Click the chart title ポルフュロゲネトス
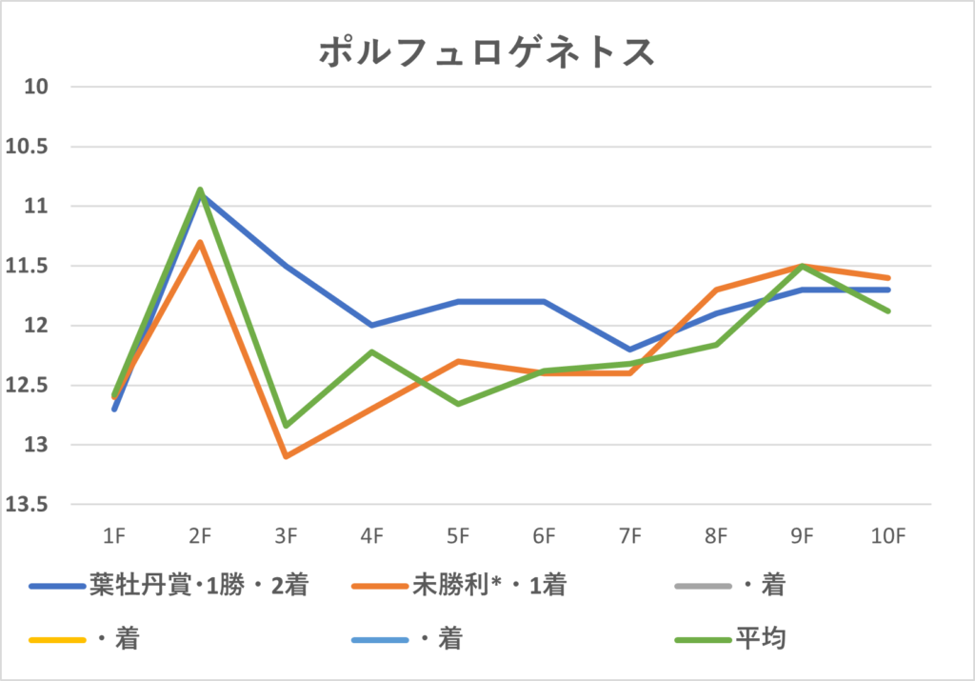pyautogui.click(x=487, y=52)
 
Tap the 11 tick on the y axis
pyautogui.click(x=36, y=207)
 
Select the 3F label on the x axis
pyautogui.click(x=286, y=536)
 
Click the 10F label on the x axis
pyautogui.click(x=887, y=536)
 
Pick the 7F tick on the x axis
pyautogui.click(x=629, y=536)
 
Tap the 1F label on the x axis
pyautogui.click(x=114, y=536)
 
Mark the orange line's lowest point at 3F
pyautogui.click(x=286, y=456)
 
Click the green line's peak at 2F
pyautogui.click(x=200, y=190)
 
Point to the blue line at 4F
pyautogui.click(x=371, y=325)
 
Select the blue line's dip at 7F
pyautogui.click(x=629, y=350)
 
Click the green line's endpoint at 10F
pyautogui.click(x=887, y=310)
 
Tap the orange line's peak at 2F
pyautogui.click(x=200, y=242)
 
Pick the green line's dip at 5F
pyautogui.click(x=458, y=404)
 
